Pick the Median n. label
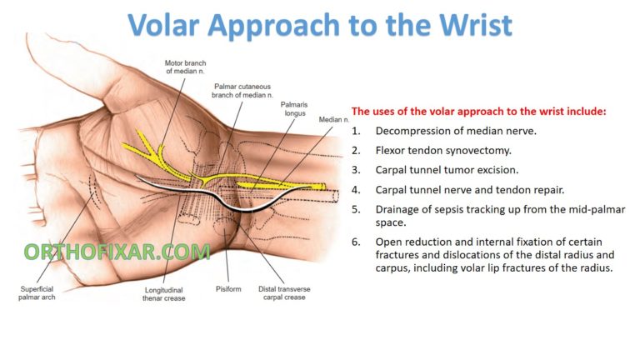click(x=332, y=119)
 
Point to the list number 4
click(x=356, y=190)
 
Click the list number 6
click(x=356, y=241)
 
